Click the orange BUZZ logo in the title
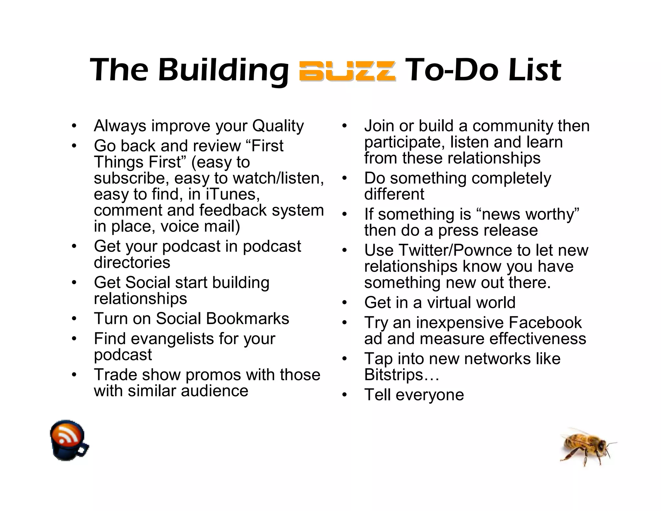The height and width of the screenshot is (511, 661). coord(347,71)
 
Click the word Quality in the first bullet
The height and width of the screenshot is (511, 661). coord(278,126)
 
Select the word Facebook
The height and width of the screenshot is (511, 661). coord(545,322)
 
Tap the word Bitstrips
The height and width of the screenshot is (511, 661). coord(393,375)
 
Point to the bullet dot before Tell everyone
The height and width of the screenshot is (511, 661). coord(344,395)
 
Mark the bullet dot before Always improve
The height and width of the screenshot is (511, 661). coord(74,126)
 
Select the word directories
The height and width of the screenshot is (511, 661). coord(132,262)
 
